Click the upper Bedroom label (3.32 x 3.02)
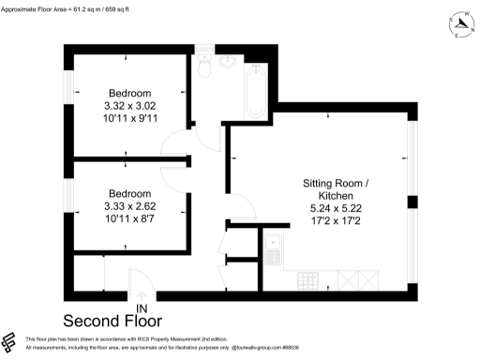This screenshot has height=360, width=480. click(x=128, y=93)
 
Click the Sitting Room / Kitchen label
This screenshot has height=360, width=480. click(x=341, y=188)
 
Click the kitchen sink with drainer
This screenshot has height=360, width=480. click(x=274, y=247)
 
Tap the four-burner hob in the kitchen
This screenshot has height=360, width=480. click(x=308, y=278)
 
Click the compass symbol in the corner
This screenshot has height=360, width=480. click(x=458, y=25)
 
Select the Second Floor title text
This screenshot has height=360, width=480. click(x=112, y=321)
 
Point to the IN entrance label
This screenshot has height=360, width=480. click(x=142, y=307)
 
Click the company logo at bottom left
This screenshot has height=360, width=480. click(x=10, y=341)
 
